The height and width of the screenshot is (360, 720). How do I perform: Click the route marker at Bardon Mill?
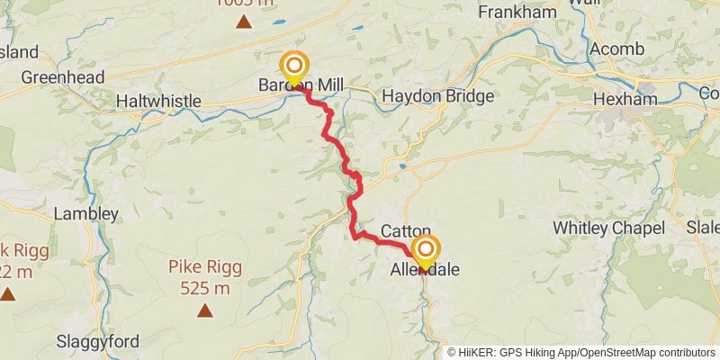pos(293,67)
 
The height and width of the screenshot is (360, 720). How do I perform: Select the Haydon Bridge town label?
pos(438,96)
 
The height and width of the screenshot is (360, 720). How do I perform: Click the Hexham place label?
pos(634,99)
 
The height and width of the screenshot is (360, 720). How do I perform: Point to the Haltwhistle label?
pos(158,102)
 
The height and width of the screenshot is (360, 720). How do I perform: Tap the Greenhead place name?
pos(63,77)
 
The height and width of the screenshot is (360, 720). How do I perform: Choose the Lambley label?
pos(86,214)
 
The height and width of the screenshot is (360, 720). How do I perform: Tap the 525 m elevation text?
pos(204,288)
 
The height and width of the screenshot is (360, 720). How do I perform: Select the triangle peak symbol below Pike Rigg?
pos(205,311)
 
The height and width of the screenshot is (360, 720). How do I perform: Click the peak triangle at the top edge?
pos(243,21)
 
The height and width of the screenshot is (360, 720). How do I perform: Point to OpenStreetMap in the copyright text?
pos(621,353)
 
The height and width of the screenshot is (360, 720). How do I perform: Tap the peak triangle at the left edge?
pos(8,293)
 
